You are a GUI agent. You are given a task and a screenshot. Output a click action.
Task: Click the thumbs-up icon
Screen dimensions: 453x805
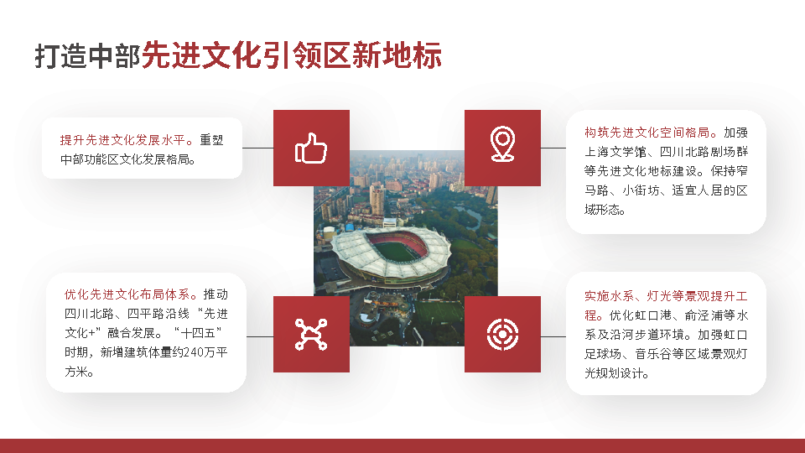coord(310,148)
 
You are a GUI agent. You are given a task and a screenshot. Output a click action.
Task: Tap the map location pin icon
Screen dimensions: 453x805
coord(502,144)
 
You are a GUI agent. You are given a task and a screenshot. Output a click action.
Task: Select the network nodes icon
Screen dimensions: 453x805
coord(310,334)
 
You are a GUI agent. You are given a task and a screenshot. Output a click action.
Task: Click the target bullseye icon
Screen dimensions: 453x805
coord(502,334)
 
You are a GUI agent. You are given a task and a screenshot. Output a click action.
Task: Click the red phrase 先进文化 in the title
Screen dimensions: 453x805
coord(201,55)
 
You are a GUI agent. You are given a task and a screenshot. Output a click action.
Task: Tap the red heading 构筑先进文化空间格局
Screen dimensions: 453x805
coord(651,133)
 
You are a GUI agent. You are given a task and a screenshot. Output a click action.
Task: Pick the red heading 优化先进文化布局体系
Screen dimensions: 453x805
coord(131,294)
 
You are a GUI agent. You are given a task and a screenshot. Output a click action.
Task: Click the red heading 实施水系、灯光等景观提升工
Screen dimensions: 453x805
coord(666,296)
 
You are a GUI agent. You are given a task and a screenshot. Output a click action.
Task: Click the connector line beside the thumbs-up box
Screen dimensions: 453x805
coord(257,148)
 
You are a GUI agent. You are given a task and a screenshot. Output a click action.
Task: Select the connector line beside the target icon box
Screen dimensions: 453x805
coord(553,336)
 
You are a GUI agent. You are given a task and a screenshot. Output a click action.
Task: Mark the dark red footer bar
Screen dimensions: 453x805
coord(402,445)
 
